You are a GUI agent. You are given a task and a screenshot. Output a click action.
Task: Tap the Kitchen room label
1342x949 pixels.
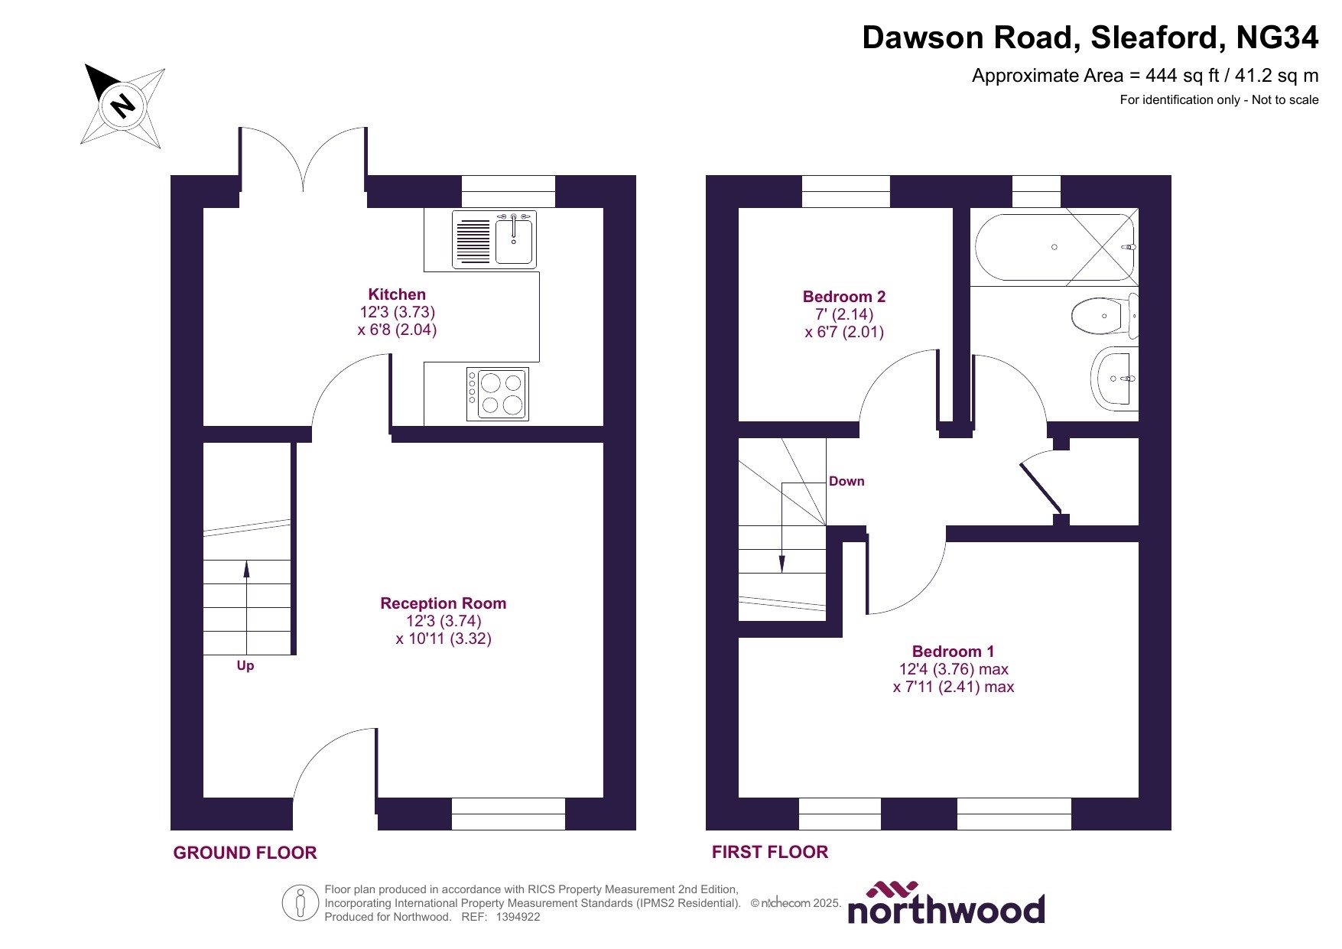point(397,294)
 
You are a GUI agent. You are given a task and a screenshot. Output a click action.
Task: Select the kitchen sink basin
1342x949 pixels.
point(515,239)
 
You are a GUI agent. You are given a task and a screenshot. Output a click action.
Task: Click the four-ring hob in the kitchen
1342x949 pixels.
point(499,394)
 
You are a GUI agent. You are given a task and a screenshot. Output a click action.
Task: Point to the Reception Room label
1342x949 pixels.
point(443,603)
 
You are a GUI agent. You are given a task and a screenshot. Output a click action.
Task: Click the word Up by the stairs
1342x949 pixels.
point(245,665)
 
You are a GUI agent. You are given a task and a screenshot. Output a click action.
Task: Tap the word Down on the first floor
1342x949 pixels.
point(846,481)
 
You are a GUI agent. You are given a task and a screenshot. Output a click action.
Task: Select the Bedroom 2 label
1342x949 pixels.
point(843,297)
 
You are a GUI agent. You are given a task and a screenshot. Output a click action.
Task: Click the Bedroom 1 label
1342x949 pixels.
point(953,652)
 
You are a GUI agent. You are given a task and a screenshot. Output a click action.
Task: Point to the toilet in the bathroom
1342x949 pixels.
point(1101,315)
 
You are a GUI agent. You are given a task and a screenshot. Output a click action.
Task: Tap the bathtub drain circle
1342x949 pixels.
point(1054,247)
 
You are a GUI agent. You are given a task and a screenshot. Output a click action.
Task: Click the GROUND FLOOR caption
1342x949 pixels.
point(245,853)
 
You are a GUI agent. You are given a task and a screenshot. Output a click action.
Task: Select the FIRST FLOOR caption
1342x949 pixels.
point(769,852)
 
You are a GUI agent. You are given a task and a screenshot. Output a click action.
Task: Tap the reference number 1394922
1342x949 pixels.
point(518,917)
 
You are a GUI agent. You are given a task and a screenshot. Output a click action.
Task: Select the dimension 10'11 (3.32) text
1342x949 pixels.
point(444,639)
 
